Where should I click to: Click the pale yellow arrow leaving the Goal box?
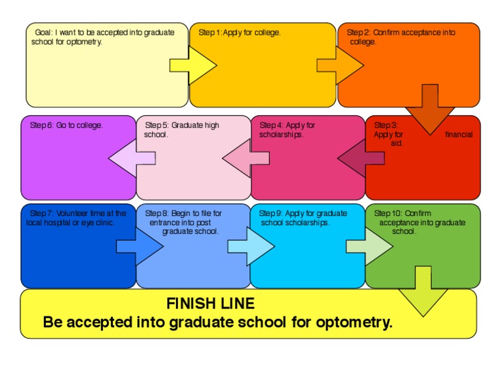(x=194, y=65)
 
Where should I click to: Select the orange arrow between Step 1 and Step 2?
(x=340, y=65)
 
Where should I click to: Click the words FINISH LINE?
(x=210, y=304)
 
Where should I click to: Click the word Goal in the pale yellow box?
(x=43, y=32)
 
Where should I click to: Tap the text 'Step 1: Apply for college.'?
(x=240, y=32)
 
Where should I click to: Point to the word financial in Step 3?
(x=458, y=134)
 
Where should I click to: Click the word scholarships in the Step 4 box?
(x=281, y=134)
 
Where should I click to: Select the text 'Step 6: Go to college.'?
(x=66, y=125)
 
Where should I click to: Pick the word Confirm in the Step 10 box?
(x=418, y=213)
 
